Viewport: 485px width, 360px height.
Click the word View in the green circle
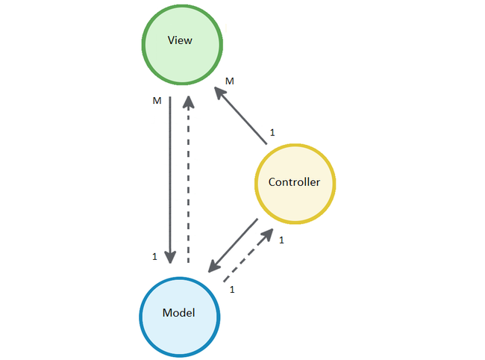point(181,40)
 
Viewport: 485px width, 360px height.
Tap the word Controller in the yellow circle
point(294,182)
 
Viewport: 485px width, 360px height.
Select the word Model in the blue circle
point(178,313)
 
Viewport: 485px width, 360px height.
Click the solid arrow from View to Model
point(170,179)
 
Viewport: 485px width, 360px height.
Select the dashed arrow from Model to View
point(188,179)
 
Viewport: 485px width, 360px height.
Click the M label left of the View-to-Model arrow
point(156,99)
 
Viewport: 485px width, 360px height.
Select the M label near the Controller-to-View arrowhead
point(230,81)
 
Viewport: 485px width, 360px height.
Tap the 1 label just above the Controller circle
point(272,132)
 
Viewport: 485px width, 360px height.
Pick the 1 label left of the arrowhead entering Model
point(154,257)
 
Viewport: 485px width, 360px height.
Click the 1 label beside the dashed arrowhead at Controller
point(281,240)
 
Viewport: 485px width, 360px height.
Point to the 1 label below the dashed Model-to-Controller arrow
point(232,289)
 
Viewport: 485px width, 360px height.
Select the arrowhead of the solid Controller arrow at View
point(219,93)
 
